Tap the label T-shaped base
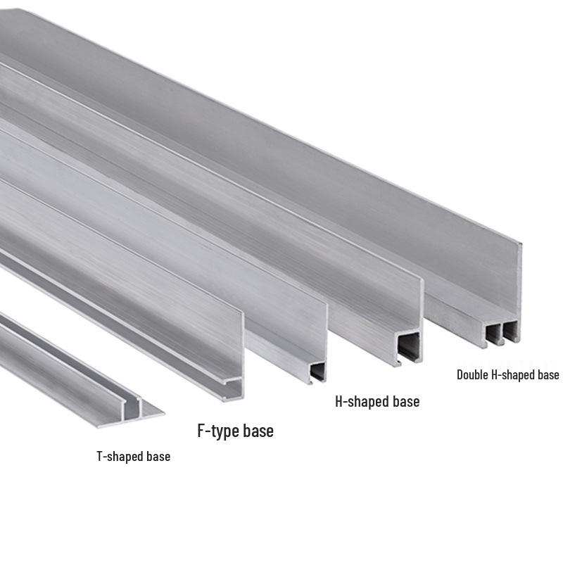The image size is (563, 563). (134, 456)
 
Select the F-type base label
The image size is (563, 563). (236, 431)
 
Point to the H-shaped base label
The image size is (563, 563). (377, 401)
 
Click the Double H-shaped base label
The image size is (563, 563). (508, 375)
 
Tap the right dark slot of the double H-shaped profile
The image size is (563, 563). (510, 331)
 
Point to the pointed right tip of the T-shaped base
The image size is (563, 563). (165, 414)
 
